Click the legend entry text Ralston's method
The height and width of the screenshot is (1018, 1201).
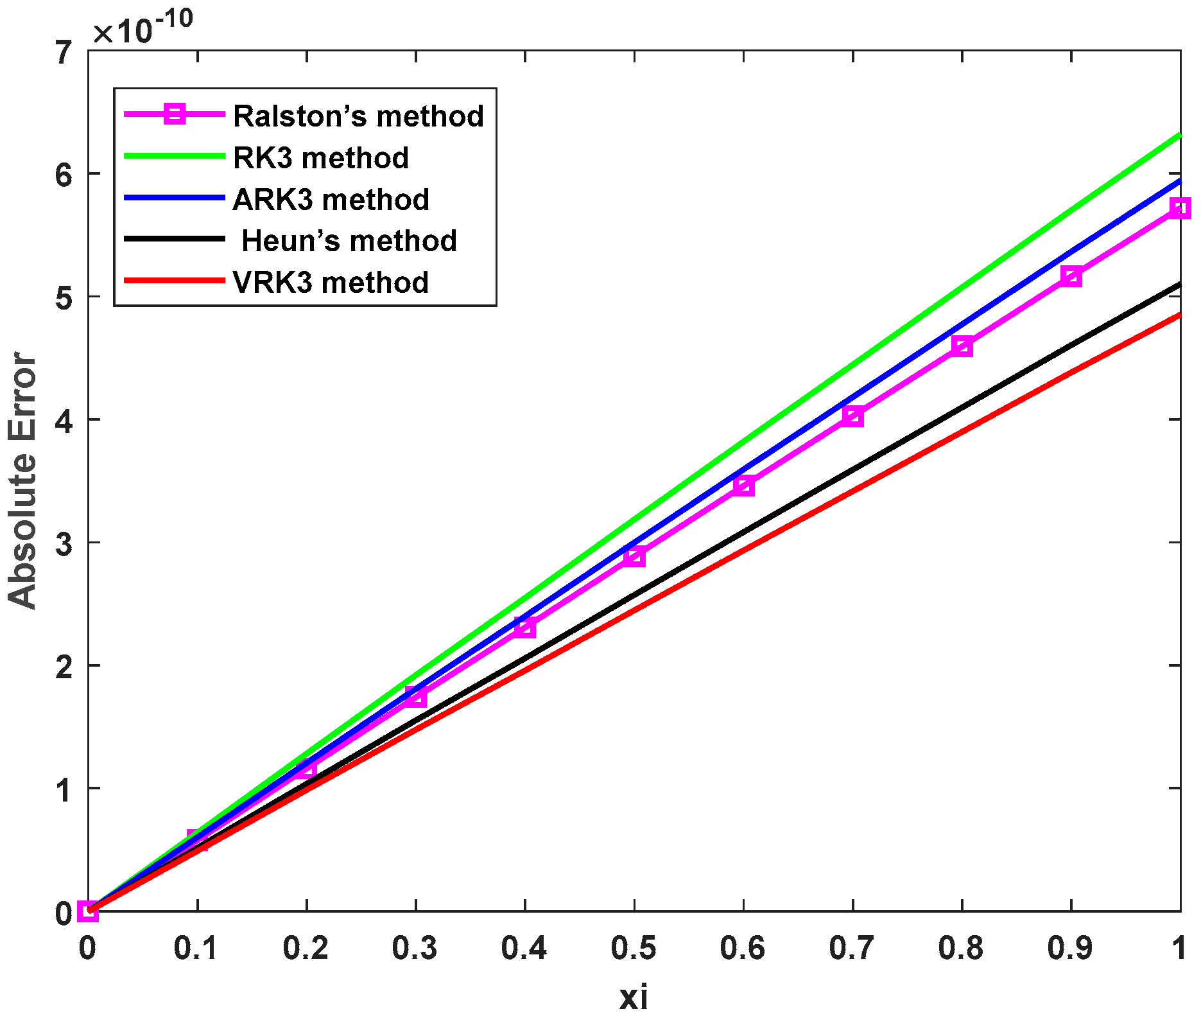coord(358,116)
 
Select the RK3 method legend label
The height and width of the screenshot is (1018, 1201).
coord(321,158)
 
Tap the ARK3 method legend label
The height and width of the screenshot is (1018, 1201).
coord(331,200)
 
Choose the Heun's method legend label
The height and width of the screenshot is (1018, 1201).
coord(349,241)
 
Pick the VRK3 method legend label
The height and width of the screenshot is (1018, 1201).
coord(331,283)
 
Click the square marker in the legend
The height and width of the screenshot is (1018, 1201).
coord(175,114)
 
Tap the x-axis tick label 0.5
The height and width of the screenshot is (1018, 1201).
coord(634,948)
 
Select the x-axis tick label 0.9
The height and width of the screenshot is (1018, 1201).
coord(1070,948)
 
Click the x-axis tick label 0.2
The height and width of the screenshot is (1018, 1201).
coord(306,948)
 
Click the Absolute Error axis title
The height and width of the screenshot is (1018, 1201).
coord(23,480)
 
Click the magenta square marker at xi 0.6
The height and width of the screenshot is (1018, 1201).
coord(743,485)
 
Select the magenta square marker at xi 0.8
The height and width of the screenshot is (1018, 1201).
coord(962,347)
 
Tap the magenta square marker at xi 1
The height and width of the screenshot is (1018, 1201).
coord(1180,208)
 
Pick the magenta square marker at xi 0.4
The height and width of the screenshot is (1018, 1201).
coord(525,627)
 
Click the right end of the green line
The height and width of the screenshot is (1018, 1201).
coord(1179,135)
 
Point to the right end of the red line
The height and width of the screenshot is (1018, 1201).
coord(1179,315)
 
